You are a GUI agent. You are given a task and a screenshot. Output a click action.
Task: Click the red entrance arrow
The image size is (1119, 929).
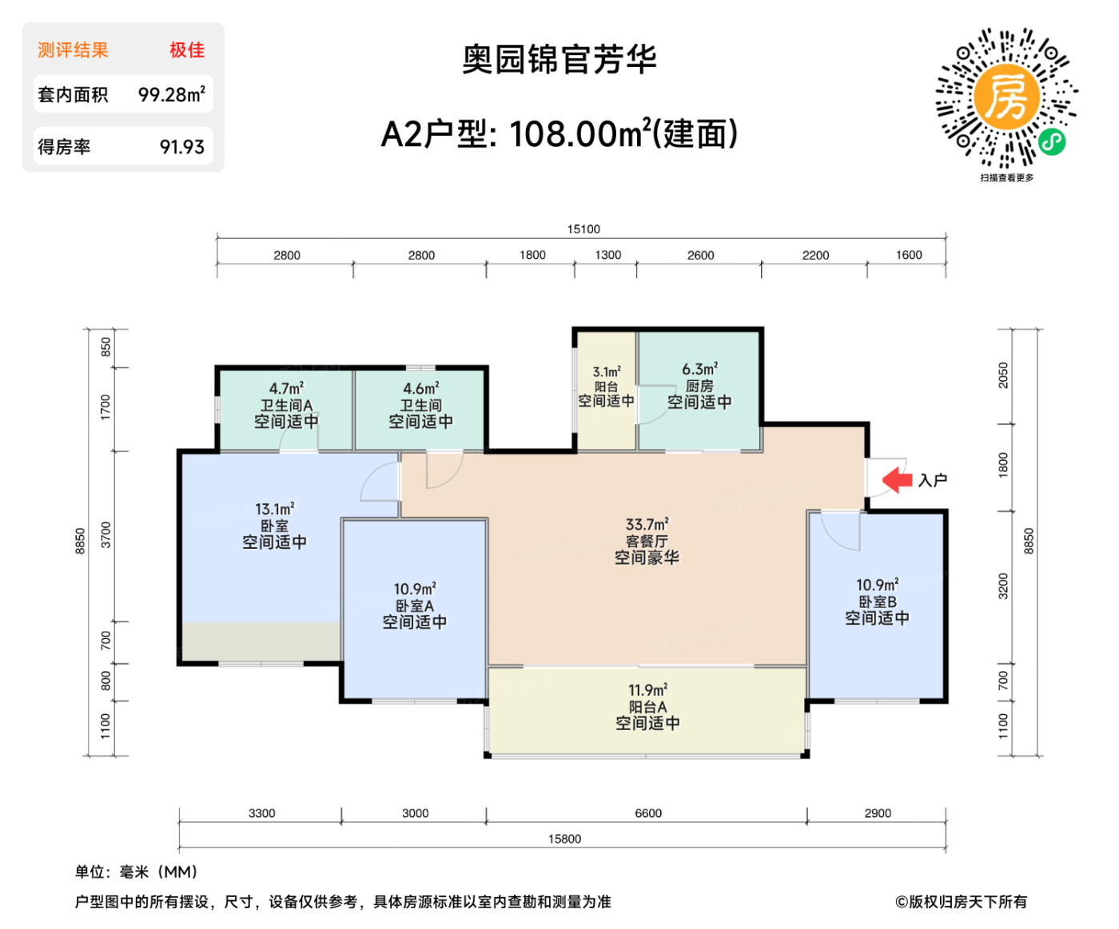pos(897,479)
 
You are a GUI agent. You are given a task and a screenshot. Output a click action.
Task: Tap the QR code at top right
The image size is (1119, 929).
pos(1006,99)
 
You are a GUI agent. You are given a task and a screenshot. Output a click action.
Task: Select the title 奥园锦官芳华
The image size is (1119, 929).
pos(559,60)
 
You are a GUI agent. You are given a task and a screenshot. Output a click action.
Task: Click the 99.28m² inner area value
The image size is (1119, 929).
pos(171,94)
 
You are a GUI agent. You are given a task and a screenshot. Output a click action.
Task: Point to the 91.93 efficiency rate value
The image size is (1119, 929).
pos(181,147)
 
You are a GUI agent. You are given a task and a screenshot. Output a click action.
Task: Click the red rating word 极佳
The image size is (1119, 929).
pos(186,50)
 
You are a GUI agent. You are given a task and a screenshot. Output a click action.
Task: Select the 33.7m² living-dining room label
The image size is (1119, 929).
pos(647,525)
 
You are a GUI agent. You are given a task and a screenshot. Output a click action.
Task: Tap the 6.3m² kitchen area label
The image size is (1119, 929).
pos(699,369)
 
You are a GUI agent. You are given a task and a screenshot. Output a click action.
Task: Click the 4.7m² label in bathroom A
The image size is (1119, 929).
pos(286,389)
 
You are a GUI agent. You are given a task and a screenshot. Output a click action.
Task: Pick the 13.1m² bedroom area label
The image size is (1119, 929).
pos(274,509)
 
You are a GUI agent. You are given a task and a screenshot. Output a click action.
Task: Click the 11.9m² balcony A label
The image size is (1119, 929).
pos(647,690)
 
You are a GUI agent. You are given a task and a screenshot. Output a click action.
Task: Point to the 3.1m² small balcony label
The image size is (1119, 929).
pos(606,372)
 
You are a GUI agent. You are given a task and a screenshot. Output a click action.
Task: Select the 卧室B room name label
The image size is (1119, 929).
pos(877,601)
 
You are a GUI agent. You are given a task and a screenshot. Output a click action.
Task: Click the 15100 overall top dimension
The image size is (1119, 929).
pos(583,229)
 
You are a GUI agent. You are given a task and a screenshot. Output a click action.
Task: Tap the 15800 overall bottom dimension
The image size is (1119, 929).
pos(564,839)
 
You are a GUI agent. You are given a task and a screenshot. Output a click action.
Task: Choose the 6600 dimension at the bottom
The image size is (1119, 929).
pos(648,813)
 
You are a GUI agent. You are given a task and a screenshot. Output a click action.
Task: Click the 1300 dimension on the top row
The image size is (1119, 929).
pos(607,255)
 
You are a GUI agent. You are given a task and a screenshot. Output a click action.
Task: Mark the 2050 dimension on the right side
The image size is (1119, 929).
pos(1003,375)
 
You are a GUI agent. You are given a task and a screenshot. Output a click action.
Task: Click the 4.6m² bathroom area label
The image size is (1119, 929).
pos(420,389)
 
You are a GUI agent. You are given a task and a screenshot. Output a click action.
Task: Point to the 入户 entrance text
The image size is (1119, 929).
pos(932,480)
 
